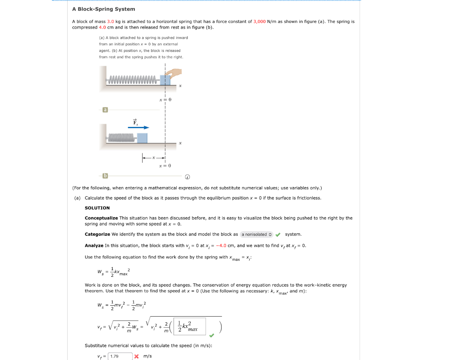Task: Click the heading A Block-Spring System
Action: coord(104,9)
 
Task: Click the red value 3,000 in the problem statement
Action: coord(260,21)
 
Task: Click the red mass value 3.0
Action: coord(111,21)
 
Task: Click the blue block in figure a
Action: coord(165,80)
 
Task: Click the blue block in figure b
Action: coord(142,138)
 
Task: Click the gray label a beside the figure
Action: coord(105,110)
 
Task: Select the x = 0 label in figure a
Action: coord(165,100)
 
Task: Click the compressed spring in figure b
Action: coord(122,138)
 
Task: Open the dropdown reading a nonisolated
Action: coord(256,234)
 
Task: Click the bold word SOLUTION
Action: coord(97,208)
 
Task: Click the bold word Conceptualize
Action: coord(101,218)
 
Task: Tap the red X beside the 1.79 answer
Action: coord(136,356)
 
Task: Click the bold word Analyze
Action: coord(94,246)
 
